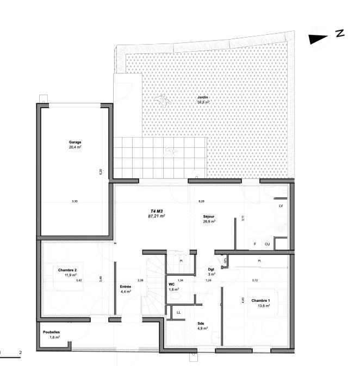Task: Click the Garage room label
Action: (75, 142)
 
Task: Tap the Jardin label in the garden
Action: (203, 96)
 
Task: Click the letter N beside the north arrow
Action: (340, 34)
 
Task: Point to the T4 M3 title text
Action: (157, 210)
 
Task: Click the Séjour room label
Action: (209, 216)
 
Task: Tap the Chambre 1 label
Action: (260, 300)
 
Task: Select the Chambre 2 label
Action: (68, 270)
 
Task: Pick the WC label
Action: (172, 284)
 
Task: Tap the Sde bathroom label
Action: (201, 323)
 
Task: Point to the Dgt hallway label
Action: (212, 270)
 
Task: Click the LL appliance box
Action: (178, 312)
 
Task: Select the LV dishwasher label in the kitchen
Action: (281, 207)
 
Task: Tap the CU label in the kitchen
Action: (267, 244)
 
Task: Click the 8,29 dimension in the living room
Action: (201, 201)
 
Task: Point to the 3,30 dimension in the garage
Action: (75, 202)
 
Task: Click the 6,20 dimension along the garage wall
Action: (100, 172)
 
